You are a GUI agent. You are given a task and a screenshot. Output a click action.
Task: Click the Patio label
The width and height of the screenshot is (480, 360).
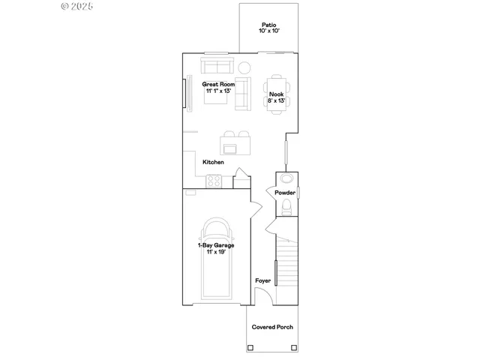[x=268, y=25]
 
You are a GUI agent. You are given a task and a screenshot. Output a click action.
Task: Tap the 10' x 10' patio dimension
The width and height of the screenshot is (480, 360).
[x=268, y=31]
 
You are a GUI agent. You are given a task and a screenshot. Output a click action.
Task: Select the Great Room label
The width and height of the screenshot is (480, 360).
[x=218, y=85]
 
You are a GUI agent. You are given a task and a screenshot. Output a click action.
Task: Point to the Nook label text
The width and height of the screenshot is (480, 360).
[x=276, y=94]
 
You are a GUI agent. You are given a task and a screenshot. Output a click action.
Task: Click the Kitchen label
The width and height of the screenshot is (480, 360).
[x=213, y=162]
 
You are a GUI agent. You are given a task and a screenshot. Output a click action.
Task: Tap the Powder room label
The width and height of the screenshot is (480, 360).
[x=285, y=193]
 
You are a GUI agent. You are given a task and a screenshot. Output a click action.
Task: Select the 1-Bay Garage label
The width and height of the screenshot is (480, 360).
[x=216, y=245]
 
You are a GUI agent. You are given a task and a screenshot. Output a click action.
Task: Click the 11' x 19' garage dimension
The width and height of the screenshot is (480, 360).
[x=216, y=252]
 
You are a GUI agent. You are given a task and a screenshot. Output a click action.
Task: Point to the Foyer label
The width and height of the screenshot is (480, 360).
[x=262, y=280]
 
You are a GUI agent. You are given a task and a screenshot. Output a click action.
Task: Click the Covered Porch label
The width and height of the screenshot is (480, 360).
[x=272, y=327]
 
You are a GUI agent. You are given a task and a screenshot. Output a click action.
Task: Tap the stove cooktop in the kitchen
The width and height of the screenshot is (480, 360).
[x=214, y=180]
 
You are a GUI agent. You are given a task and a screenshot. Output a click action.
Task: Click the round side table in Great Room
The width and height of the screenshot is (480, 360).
[x=244, y=67]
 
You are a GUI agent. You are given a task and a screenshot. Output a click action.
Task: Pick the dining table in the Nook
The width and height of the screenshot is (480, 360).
[x=277, y=94]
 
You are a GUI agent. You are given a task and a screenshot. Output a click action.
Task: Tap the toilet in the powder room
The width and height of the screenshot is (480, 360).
[x=286, y=208]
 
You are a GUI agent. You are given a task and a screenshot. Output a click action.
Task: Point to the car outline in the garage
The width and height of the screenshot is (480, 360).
[x=216, y=262]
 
